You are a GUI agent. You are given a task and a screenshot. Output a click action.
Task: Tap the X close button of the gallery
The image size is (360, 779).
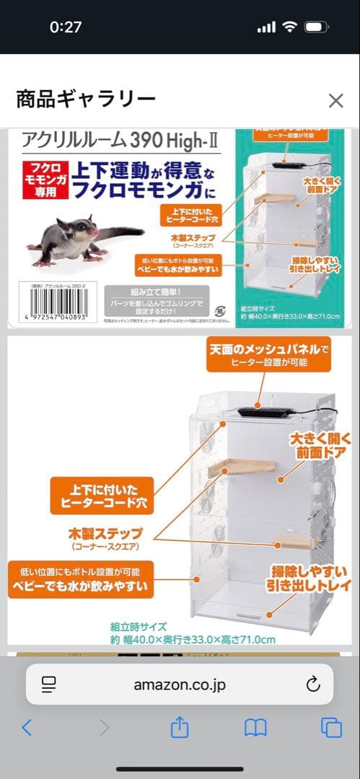click(335, 100)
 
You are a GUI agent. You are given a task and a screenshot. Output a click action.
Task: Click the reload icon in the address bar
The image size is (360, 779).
click(312, 685)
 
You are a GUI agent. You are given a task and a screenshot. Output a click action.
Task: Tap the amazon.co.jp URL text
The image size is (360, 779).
click(180, 685)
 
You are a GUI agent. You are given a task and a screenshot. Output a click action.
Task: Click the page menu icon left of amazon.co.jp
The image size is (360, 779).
click(49, 685)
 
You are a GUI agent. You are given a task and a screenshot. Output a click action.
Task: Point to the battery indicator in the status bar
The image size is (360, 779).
click(316, 27)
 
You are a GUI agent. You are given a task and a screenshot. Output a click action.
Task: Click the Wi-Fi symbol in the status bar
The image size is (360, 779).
click(290, 27)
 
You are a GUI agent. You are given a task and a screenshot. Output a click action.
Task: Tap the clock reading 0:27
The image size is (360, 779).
click(66, 27)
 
